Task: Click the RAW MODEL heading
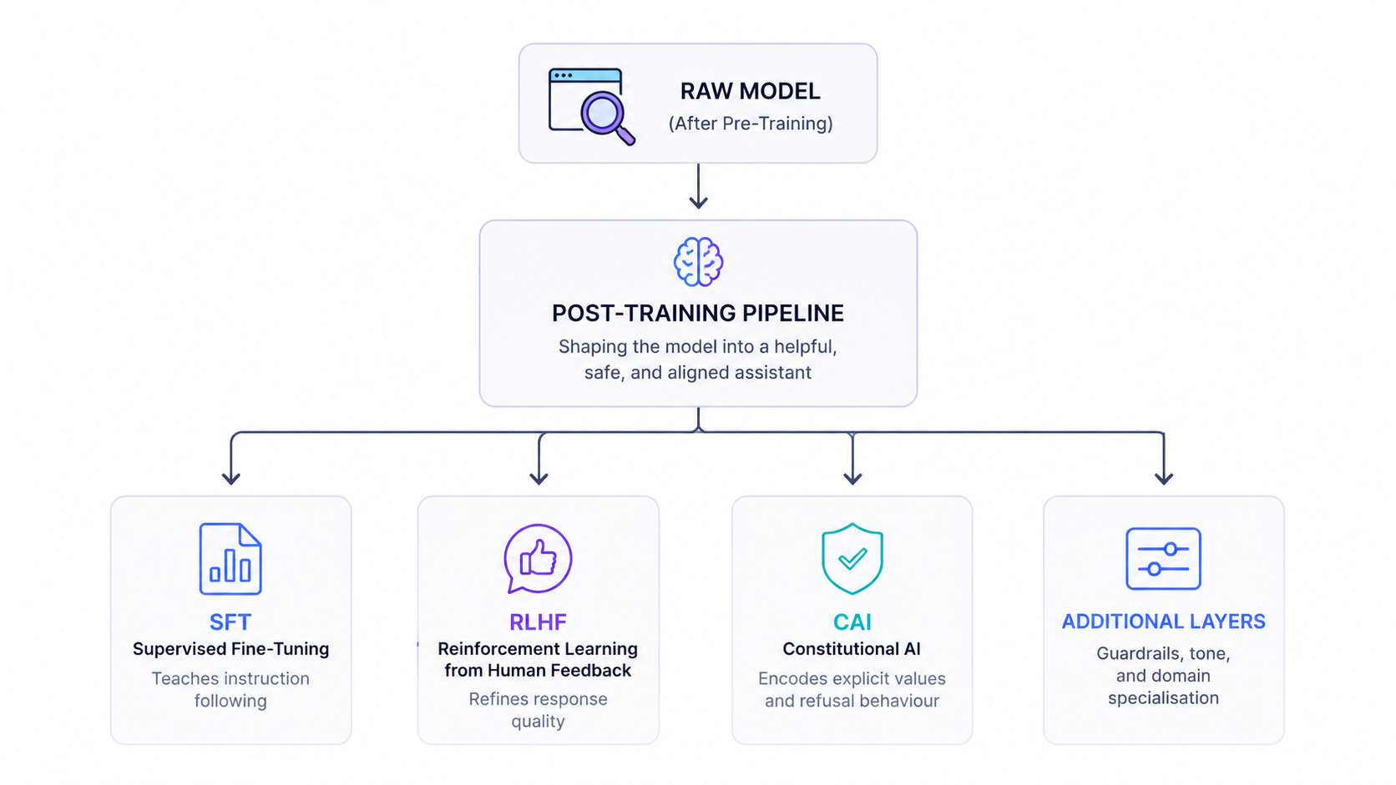point(750,91)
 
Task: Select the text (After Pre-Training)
point(751,123)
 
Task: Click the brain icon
point(698,261)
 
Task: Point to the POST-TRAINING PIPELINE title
point(698,313)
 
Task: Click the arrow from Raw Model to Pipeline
point(698,186)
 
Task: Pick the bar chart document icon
point(230,558)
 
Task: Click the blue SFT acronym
point(230,621)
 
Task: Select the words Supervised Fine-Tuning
point(230,649)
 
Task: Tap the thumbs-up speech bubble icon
point(538,558)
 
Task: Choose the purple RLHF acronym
point(538,621)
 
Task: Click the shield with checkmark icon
point(852,558)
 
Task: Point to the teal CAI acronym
point(852,621)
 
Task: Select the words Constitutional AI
point(852,649)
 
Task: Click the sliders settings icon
point(1163,558)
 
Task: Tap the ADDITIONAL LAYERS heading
point(1164,621)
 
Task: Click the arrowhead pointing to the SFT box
point(231,478)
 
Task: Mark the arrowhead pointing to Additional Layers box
point(1164,478)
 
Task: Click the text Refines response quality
point(538,710)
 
